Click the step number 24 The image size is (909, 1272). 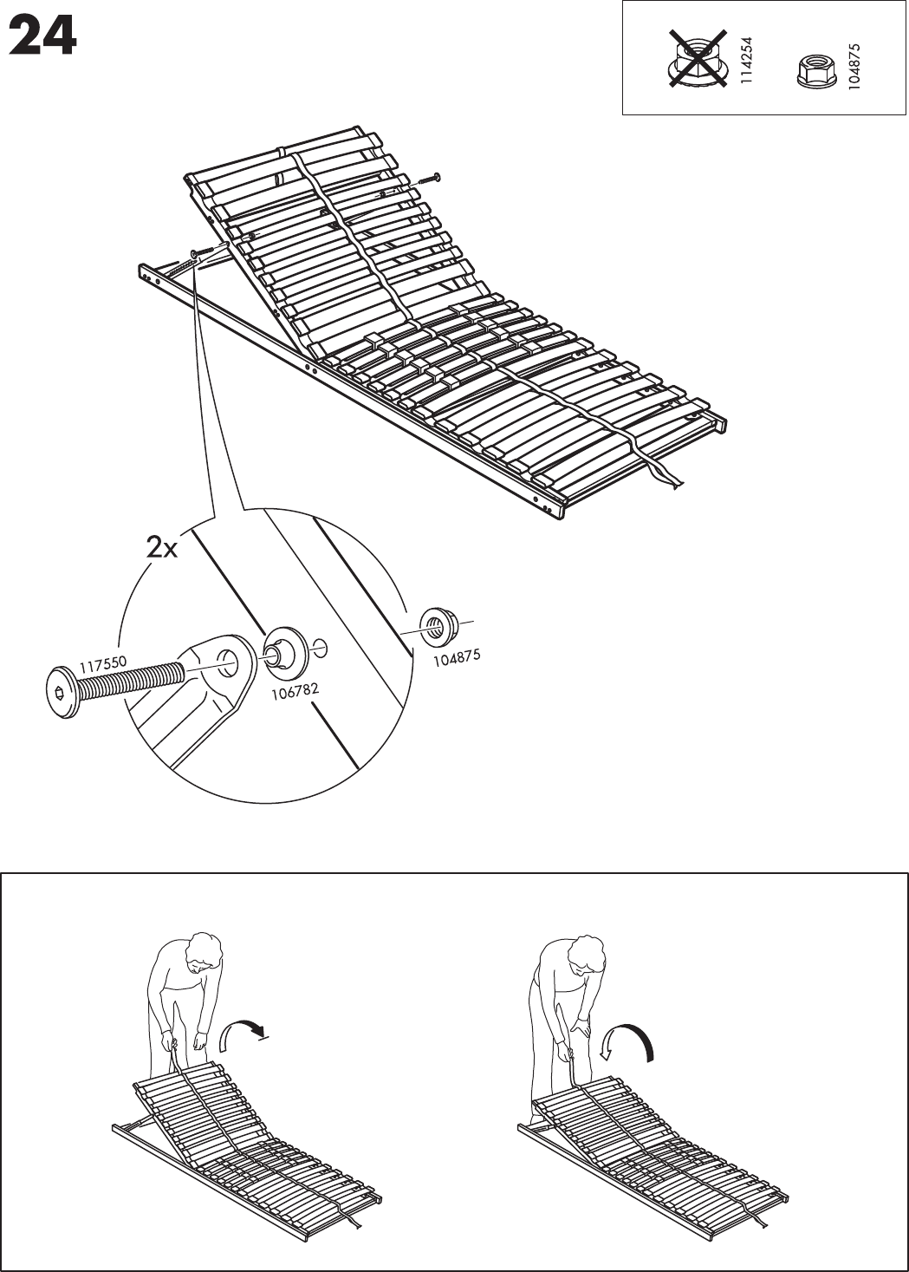(x=43, y=39)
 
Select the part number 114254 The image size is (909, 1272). (x=747, y=60)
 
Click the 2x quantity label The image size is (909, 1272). (x=162, y=547)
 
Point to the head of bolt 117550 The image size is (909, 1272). (x=61, y=692)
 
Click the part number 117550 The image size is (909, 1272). (x=104, y=665)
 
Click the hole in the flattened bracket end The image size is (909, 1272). (x=228, y=658)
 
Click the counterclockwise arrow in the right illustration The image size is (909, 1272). (x=627, y=1039)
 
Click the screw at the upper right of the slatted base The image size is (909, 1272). (x=430, y=179)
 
